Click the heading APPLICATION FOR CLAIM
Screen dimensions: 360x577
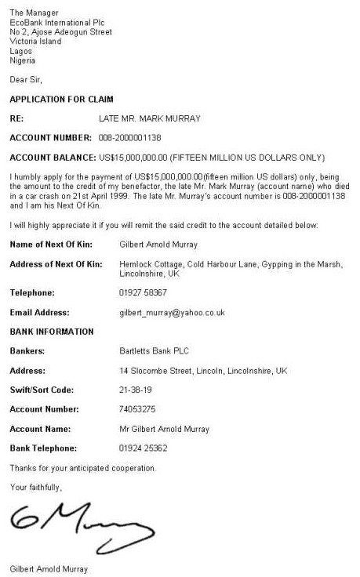61,100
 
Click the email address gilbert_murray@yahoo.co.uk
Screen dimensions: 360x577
172,312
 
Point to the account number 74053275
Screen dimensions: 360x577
137,409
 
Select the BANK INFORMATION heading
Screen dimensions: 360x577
51,332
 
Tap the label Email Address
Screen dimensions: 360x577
38,312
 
